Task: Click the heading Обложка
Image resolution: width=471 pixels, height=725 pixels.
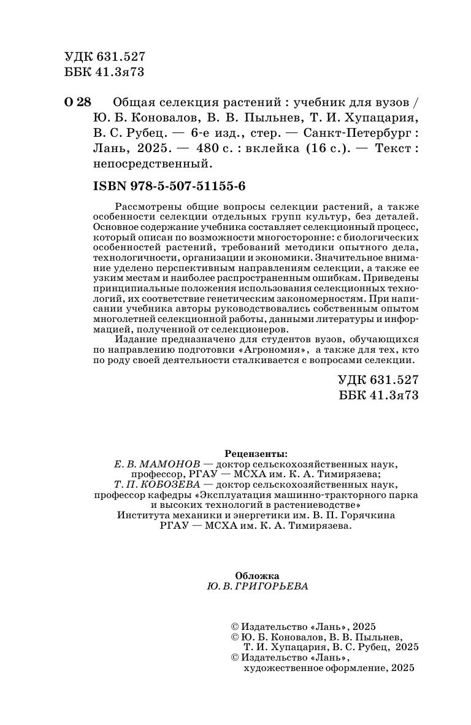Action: click(257, 576)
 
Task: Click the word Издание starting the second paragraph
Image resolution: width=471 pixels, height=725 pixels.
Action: click(137, 339)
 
